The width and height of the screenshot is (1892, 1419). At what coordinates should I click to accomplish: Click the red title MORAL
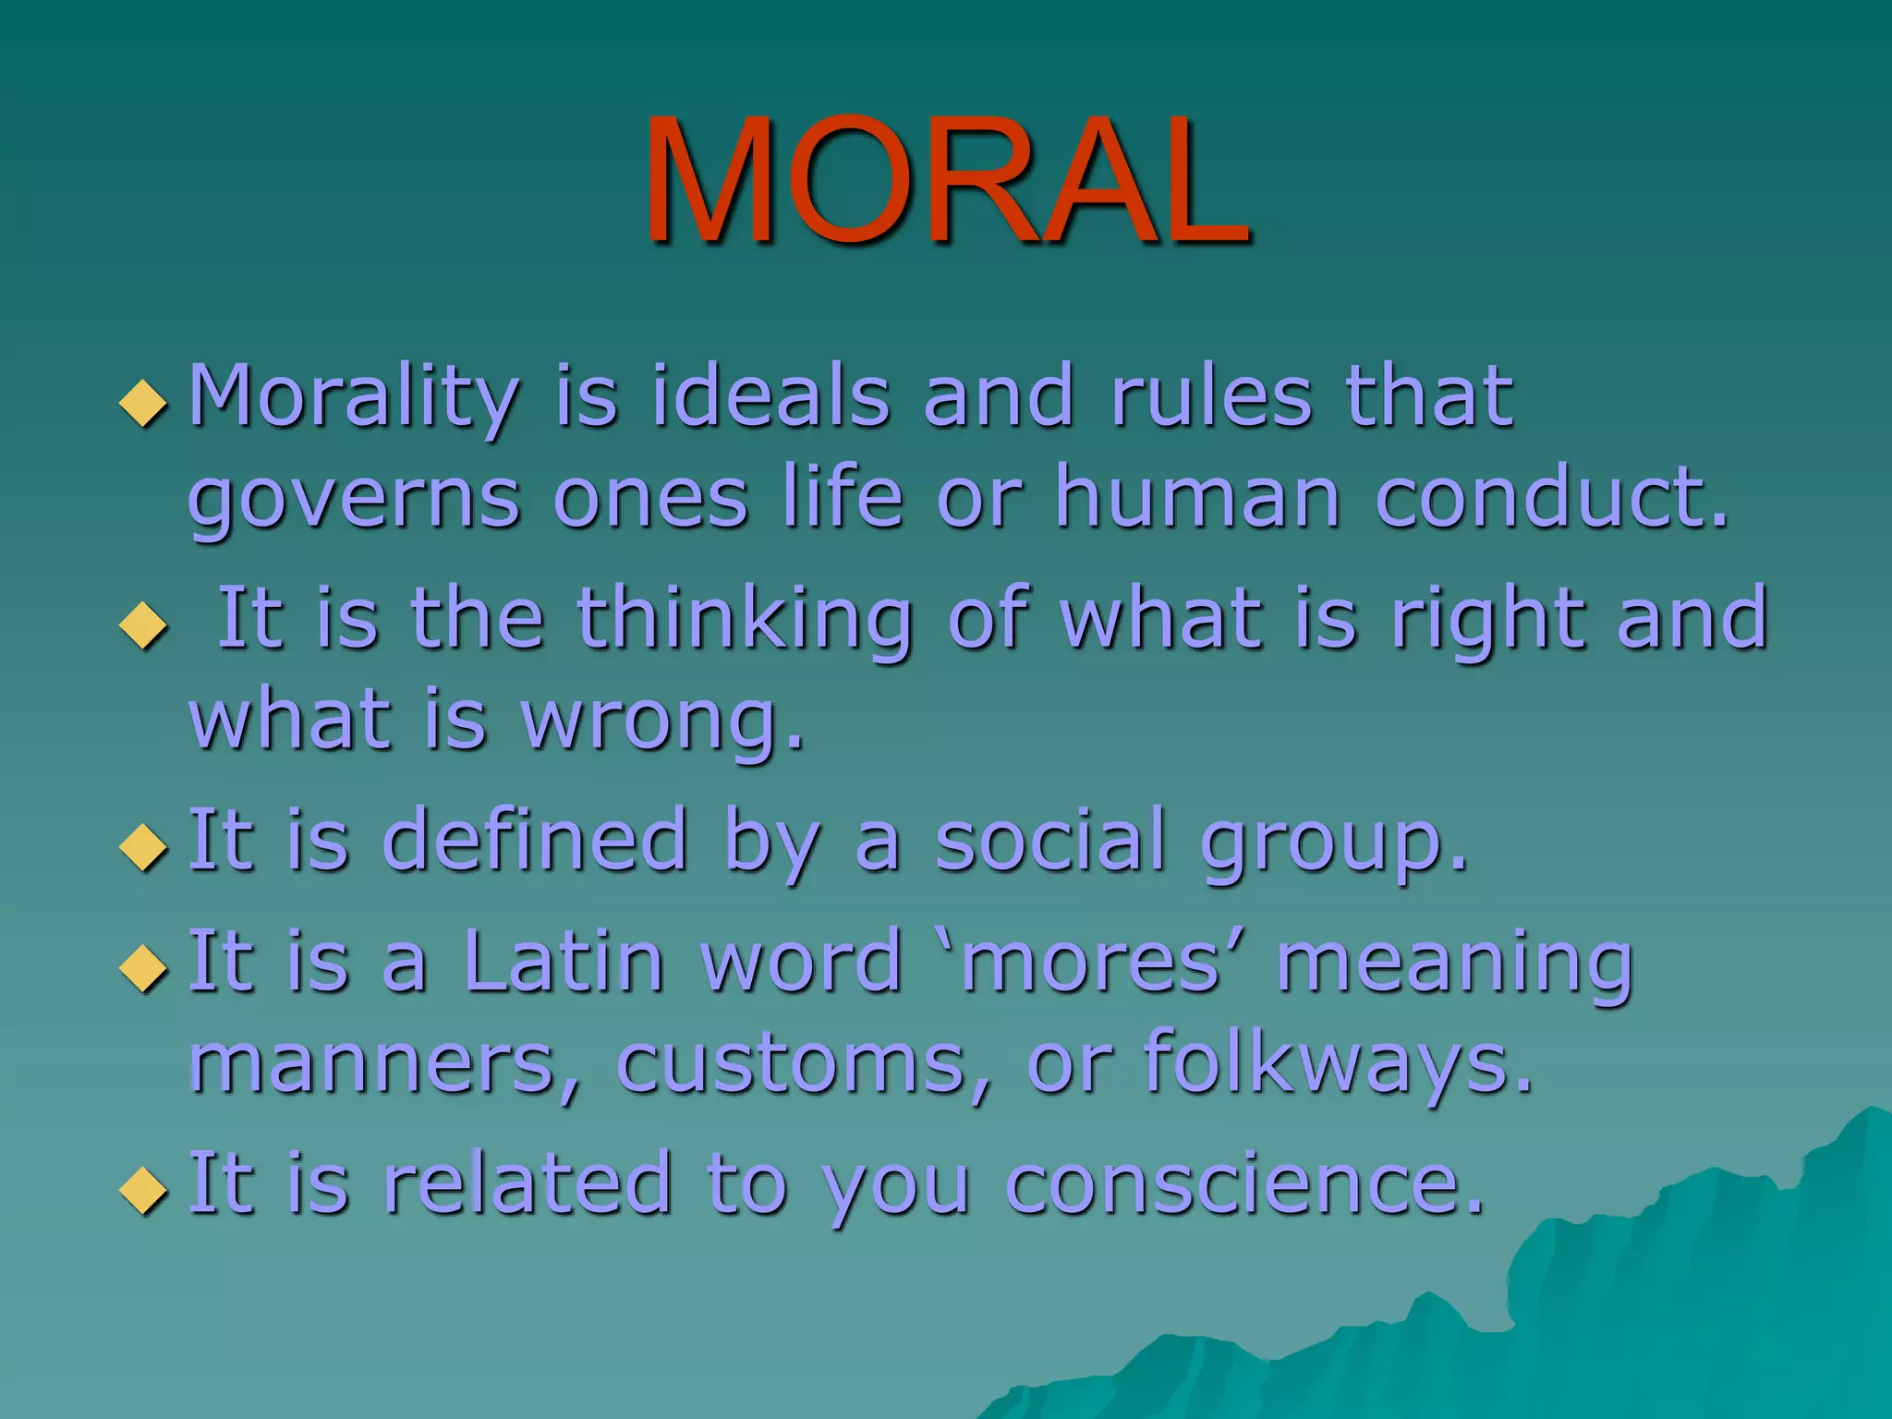pyautogui.click(x=946, y=180)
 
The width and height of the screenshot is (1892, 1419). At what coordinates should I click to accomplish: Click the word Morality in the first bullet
pyautogui.click(x=354, y=399)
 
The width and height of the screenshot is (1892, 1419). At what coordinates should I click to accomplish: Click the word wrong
pyautogui.click(x=661, y=722)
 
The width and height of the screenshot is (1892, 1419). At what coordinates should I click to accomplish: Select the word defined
pyautogui.click(x=535, y=841)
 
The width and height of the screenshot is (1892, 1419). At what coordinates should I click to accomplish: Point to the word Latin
pyautogui.click(x=564, y=963)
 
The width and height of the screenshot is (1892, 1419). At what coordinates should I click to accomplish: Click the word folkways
pyautogui.click(x=1338, y=1064)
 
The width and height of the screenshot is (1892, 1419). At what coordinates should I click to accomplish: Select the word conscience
pyautogui.click(x=1243, y=1184)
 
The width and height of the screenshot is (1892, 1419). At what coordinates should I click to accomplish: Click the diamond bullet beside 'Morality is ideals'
pyautogui.click(x=144, y=404)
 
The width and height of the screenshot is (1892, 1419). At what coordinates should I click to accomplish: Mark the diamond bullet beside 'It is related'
pyautogui.click(x=144, y=1190)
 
